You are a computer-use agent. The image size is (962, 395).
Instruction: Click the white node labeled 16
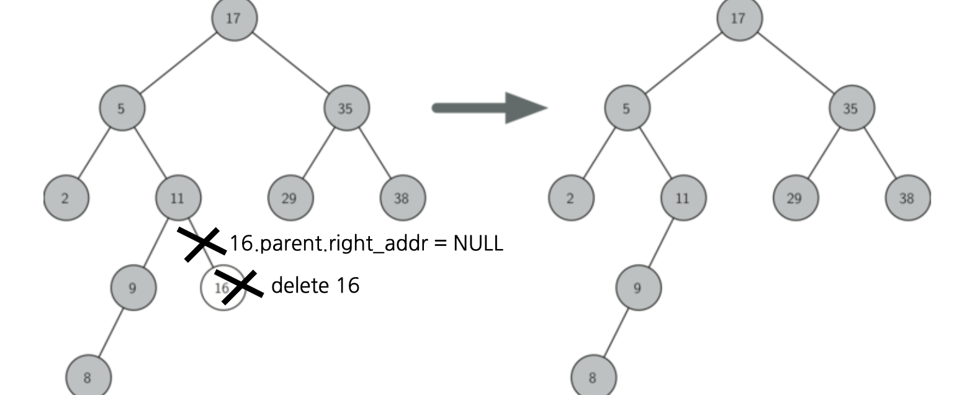(x=218, y=288)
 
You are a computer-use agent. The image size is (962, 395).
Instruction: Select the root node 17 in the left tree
(x=234, y=19)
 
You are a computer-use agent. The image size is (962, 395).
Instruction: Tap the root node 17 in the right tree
(x=739, y=19)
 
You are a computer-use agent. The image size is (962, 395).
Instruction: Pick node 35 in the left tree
(x=346, y=108)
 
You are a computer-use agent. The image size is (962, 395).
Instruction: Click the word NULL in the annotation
(x=478, y=243)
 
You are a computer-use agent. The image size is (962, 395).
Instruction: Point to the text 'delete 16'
(x=315, y=285)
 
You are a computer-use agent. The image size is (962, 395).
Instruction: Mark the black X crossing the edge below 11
(x=202, y=243)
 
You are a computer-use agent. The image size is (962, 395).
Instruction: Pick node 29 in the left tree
(x=290, y=198)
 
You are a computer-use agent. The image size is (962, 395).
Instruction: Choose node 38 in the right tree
(x=907, y=198)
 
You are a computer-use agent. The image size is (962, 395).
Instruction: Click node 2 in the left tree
(x=66, y=198)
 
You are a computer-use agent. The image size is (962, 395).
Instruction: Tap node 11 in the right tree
(x=683, y=198)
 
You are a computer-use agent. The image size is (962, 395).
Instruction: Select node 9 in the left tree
(x=133, y=288)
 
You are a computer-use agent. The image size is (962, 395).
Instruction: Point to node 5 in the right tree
(x=627, y=108)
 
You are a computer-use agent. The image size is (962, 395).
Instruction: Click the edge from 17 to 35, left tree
(x=290, y=63)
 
